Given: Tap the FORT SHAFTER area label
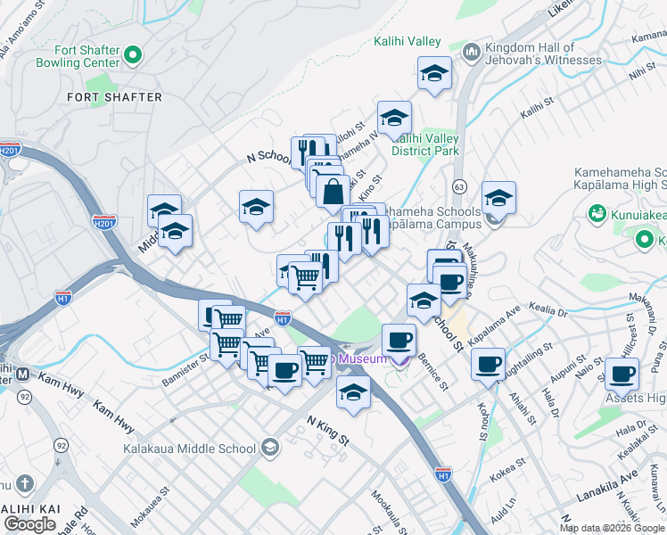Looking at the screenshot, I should click(115, 96).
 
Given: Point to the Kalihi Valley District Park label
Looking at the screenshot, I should click(426, 144).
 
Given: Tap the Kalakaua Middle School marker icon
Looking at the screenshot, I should click(271, 449).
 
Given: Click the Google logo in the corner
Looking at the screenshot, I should click(29, 523).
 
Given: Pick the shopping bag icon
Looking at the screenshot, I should click(333, 191).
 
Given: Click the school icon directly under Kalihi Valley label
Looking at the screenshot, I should click(434, 74).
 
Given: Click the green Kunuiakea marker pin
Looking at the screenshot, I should click(597, 214).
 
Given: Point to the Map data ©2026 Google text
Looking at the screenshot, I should click(612, 528).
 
